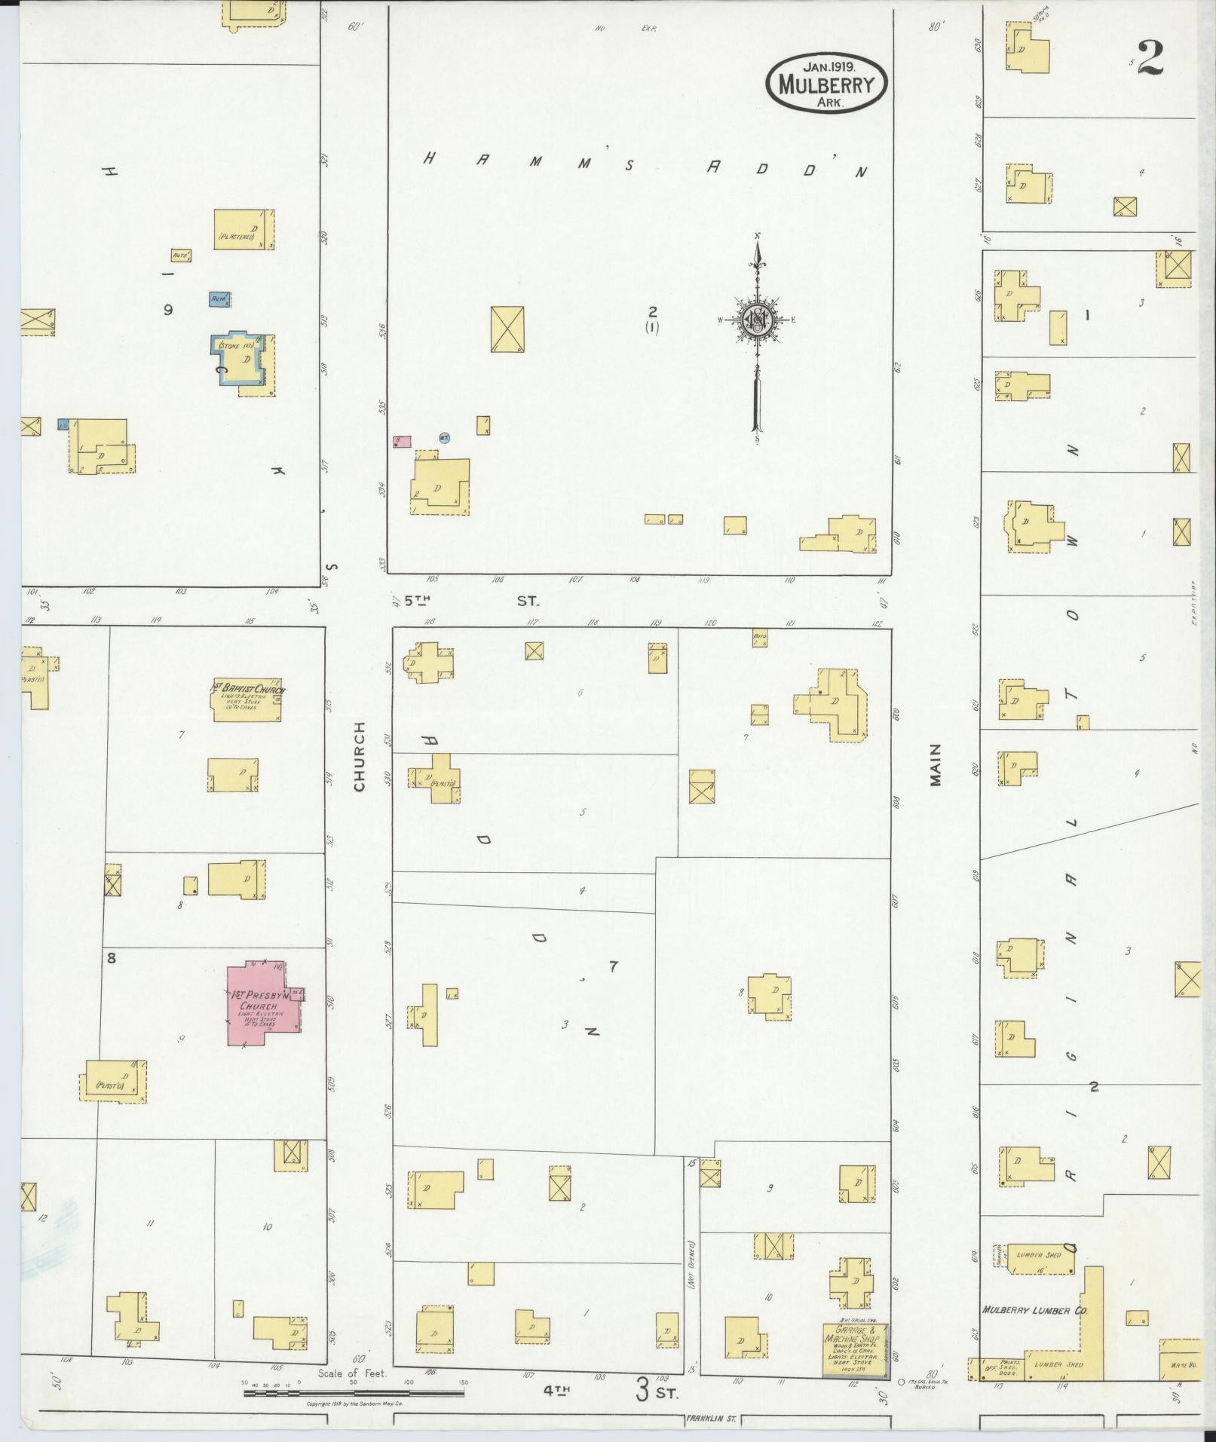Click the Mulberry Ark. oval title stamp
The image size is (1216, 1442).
coord(827,83)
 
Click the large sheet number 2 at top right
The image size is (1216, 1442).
coord(1150,57)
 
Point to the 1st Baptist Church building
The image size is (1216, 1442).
coord(247,701)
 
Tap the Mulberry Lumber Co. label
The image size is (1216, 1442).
coord(1034,1311)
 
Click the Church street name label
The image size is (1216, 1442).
coord(359,756)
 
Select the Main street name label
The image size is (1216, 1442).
coord(936,764)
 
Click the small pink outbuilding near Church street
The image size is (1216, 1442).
coord(403,440)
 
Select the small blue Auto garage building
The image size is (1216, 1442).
coord(219,299)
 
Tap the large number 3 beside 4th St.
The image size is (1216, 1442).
coord(642,1389)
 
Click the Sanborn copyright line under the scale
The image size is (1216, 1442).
coord(354,1404)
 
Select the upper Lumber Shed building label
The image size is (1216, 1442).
coord(1038,1255)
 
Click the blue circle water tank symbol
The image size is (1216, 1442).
coord(445,437)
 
